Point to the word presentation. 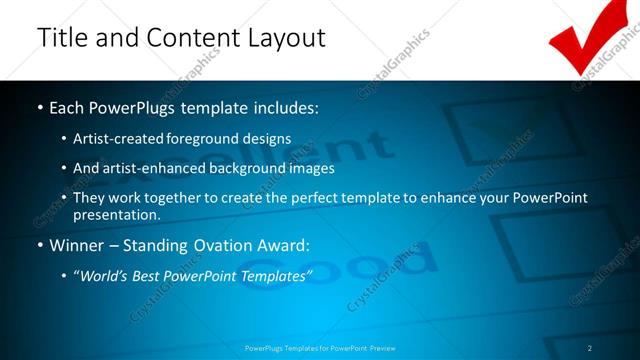click(116, 215)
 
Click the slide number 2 click(590, 347)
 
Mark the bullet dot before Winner click(39, 245)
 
